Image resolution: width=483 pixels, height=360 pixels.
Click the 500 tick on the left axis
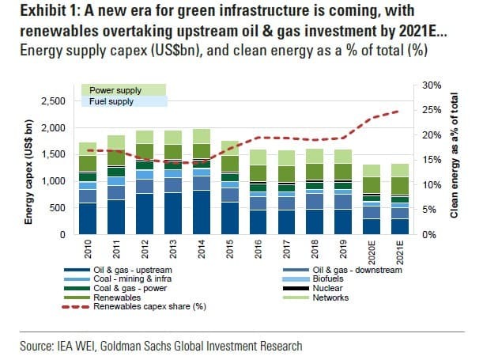pos(58,208)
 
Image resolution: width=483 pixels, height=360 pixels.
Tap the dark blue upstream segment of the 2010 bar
pos(88,218)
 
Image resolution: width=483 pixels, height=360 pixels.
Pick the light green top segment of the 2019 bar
pos(344,157)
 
